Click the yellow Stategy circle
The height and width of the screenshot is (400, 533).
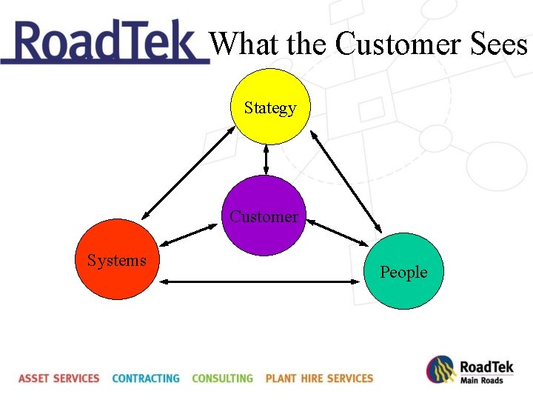click(270, 107)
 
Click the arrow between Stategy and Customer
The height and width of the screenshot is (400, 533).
click(266, 159)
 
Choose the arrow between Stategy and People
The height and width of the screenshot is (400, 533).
click(346, 181)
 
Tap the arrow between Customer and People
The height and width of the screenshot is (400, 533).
click(338, 232)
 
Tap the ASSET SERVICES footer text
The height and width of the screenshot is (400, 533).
click(59, 379)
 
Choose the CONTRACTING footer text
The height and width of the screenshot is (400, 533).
click(146, 379)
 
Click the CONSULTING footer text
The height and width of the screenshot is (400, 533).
click(222, 379)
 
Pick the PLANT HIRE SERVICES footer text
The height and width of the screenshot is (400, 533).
click(319, 379)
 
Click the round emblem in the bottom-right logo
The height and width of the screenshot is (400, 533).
click(440, 370)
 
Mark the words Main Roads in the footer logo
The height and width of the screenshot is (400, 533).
click(482, 381)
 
